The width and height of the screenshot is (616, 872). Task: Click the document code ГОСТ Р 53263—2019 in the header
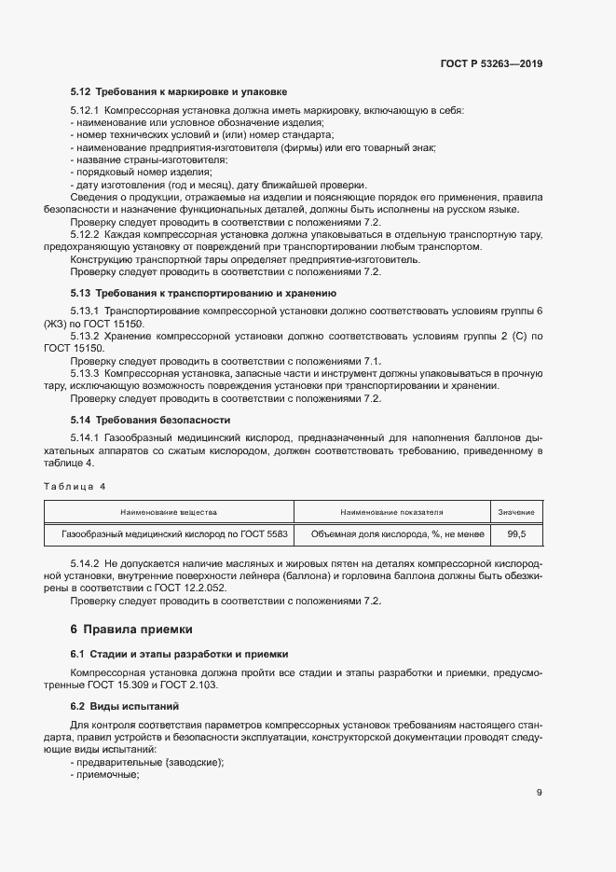click(491, 64)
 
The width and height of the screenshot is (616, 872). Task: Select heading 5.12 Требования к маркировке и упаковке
click(179, 92)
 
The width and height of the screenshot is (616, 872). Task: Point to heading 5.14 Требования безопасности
click(150, 420)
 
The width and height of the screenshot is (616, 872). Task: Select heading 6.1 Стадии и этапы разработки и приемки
click(180, 654)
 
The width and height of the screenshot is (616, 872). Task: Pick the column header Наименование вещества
click(169, 512)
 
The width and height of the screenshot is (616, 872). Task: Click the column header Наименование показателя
click(391, 512)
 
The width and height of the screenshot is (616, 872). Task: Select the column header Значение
click(515, 512)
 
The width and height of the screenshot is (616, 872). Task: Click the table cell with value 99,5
click(515, 534)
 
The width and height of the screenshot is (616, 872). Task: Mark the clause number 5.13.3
click(87, 372)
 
